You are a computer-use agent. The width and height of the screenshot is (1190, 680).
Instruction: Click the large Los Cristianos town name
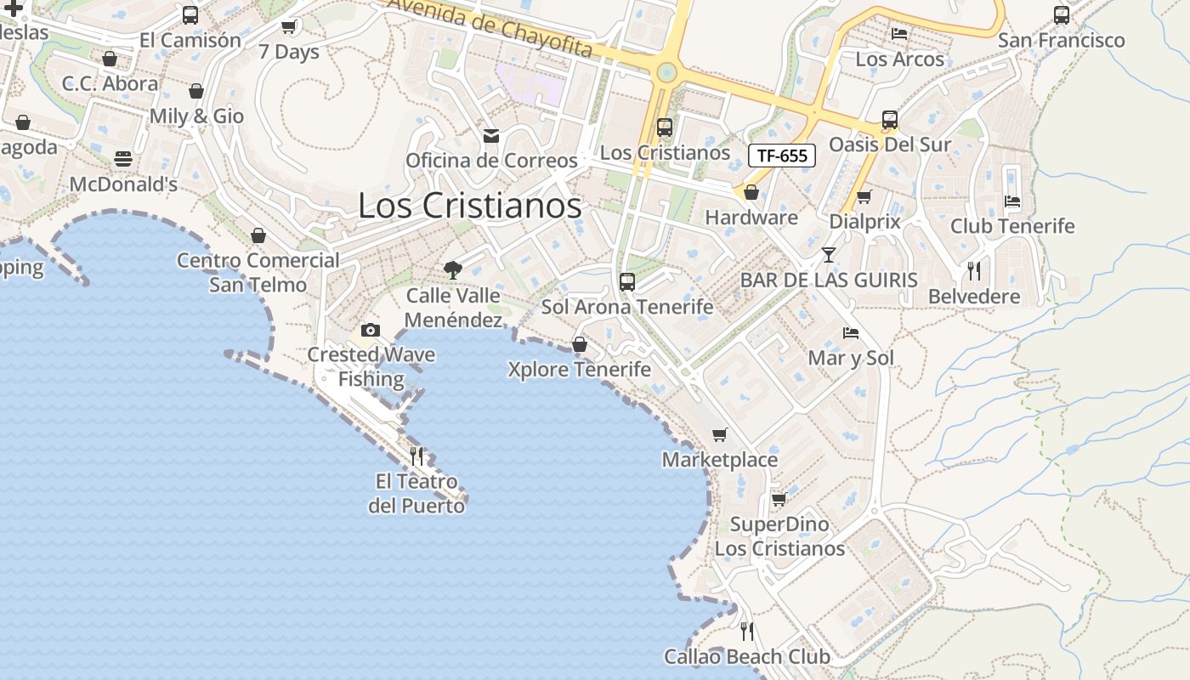click(x=469, y=206)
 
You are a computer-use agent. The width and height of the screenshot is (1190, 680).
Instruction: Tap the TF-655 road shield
click(x=782, y=156)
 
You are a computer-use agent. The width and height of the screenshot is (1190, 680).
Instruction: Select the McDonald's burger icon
click(x=123, y=159)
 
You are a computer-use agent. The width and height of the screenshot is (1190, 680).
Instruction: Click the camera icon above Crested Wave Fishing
click(x=371, y=330)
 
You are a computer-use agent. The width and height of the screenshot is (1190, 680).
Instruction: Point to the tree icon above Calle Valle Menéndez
click(x=453, y=270)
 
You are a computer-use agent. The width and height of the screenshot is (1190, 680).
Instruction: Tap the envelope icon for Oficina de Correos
click(x=491, y=136)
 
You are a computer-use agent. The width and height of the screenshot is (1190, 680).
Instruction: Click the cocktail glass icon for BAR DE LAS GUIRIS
click(x=829, y=254)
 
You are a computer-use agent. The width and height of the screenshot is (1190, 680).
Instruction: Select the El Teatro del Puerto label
click(x=416, y=494)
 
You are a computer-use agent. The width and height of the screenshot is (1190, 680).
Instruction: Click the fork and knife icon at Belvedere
click(x=974, y=271)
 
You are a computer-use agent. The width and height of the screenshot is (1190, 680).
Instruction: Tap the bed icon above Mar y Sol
click(x=851, y=332)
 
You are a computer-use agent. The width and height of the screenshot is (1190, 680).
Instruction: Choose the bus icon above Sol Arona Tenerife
click(x=627, y=282)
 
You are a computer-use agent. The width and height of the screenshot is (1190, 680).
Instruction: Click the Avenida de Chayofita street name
click(x=490, y=28)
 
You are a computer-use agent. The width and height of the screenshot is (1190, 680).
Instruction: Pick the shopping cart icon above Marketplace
click(x=720, y=435)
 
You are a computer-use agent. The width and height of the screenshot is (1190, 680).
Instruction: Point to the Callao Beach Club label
click(x=747, y=657)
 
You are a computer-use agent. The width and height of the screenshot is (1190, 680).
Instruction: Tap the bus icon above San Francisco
click(x=1062, y=14)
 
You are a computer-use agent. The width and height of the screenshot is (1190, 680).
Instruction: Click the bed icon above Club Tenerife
click(x=1012, y=201)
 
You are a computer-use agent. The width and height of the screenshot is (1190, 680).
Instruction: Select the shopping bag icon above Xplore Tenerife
click(x=580, y=344)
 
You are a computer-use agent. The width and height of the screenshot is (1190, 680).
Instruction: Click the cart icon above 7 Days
click(x=289, y=26)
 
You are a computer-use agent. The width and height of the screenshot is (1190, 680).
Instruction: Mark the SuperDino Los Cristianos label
click(x=779, y=536)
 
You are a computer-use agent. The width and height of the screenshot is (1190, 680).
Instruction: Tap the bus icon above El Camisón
click(x=190, y=15)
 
